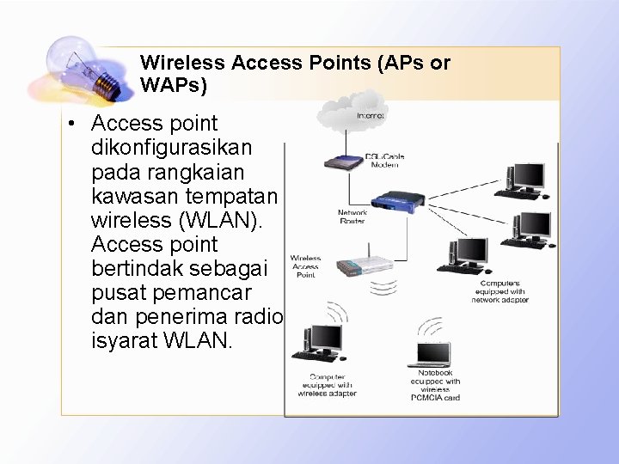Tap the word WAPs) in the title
click(x=174, y=86)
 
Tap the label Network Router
click(x=352, y=217)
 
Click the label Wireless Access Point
click(x=305, y=266)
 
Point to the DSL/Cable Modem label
click(x=384, y=159)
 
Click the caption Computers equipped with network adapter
click(x=499, y=291)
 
